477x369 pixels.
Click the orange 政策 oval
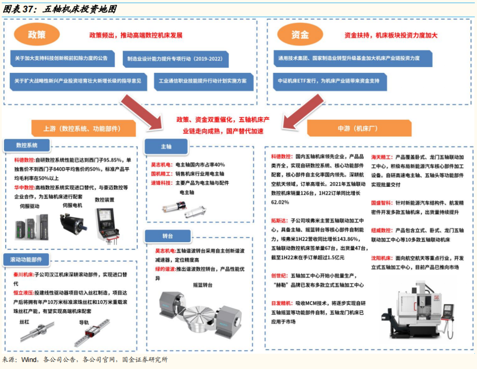point(37,35)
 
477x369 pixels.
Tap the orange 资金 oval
point(300,35)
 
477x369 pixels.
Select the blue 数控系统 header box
point(27,145)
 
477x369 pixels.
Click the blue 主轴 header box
point(166,146)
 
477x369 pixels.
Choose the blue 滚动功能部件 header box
point(26,260)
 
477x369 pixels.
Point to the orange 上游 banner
point(83,128)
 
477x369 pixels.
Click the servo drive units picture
point(32,225)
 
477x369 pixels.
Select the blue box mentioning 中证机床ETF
point(329,81)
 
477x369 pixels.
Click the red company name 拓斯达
point(280,220)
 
